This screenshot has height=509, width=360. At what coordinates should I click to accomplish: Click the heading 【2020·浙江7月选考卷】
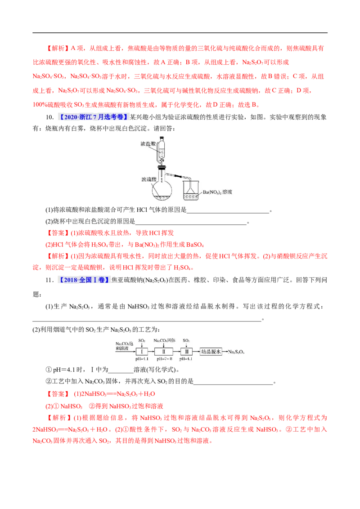point(93,117)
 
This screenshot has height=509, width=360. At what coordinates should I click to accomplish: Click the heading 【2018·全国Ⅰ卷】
point(85,280)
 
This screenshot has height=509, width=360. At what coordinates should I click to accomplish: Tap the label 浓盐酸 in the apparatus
point(147,143)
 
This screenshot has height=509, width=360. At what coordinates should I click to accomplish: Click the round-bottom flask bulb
point(162,191)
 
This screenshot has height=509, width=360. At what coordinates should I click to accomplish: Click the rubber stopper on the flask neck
point(162,168)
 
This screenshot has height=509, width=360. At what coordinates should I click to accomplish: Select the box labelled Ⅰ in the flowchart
point(142,352)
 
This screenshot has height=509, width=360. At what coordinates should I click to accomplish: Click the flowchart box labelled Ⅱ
point(164,352)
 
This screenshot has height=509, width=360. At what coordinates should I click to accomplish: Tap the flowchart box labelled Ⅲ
point(186,352)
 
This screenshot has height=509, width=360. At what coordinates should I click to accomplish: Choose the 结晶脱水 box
point(211,352)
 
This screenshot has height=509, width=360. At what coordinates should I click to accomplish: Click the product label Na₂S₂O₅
point(237,352)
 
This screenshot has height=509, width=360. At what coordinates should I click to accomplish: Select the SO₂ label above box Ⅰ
point(142,340)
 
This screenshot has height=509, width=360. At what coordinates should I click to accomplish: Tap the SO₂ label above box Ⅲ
point(186,340)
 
